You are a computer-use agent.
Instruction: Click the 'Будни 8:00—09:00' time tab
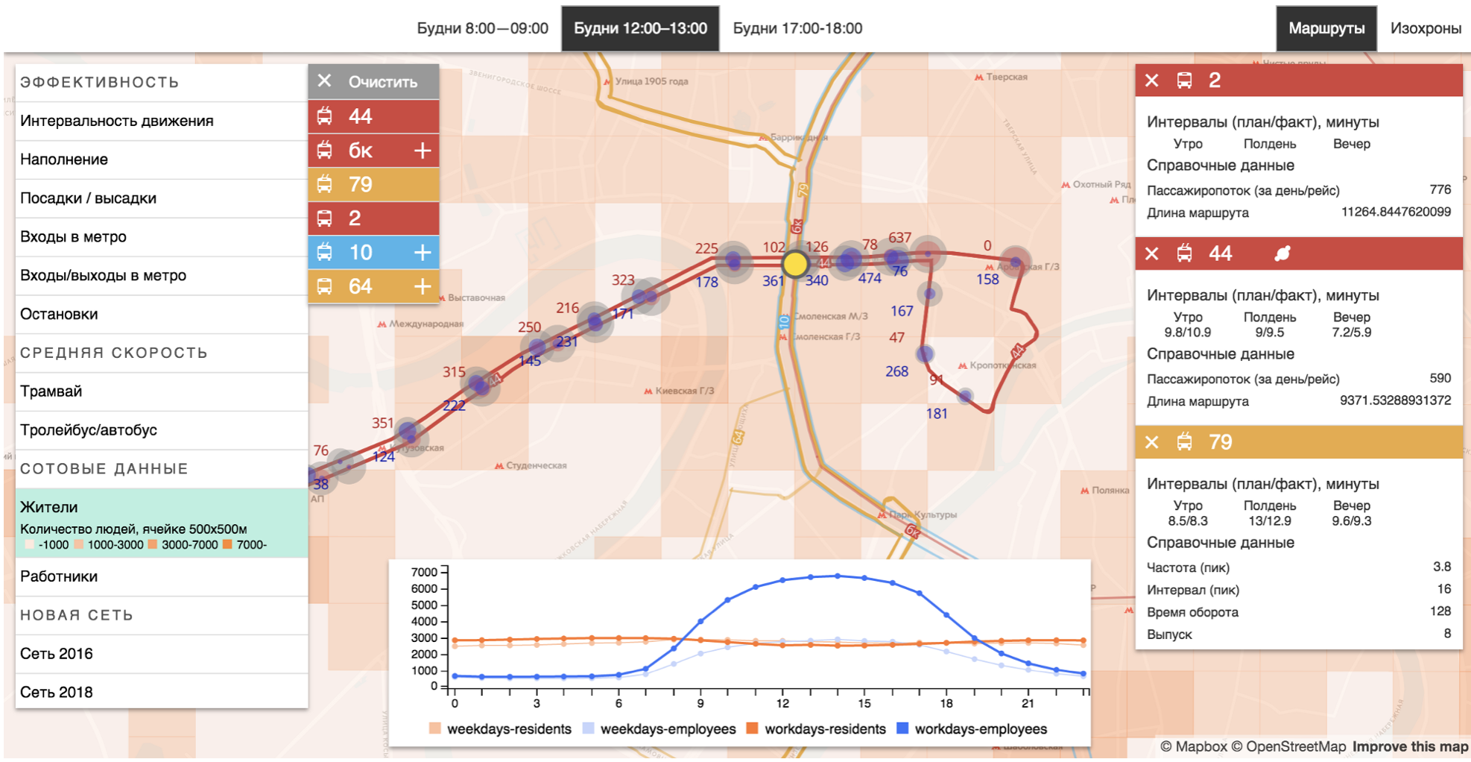click(x=482, y=28)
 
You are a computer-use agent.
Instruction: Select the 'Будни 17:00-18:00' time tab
click(x=797, y=28)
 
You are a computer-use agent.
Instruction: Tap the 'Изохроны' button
click(x=1425, y=28)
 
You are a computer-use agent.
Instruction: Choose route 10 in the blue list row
click(x=361, y=253)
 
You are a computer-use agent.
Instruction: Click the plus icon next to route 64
click(x=423, y=286)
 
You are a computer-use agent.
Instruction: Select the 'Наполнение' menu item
click(x=64, y=160)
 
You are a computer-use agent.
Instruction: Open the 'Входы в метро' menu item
click(x=73, y=237)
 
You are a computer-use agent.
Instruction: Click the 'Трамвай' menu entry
click(x=51, y=391)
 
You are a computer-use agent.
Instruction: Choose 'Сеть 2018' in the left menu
click(x=57, y=693)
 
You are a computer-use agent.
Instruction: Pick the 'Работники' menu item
click(x=59, y=576)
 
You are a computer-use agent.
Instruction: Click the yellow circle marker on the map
click(x=795, y=263)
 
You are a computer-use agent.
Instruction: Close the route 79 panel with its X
click(x=1151, y=442)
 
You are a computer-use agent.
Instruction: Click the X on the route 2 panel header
click(x=1151, y=81)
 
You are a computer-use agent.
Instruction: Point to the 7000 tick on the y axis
click(x=424, y=573)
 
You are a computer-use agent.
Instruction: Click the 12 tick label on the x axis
click(x=782, y=703)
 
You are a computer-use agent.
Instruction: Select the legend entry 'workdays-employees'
click(x=980, y=729)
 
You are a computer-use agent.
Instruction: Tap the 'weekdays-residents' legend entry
click(x=508, y=729)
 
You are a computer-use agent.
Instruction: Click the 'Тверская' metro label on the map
click(x=1006, y=77)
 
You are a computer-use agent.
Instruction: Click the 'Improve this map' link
click(x=1410, y=747)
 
